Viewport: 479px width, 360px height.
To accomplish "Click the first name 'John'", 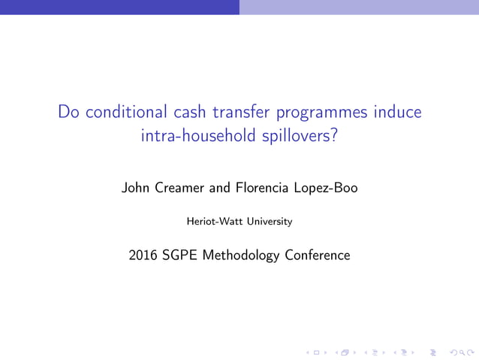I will pyautogui.click(x=136, y=188).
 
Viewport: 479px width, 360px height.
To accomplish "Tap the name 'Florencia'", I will pyautogui.click(x=261, y=188).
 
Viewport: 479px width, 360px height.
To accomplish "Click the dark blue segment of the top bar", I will pyautogui.click(x=119, y=7).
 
